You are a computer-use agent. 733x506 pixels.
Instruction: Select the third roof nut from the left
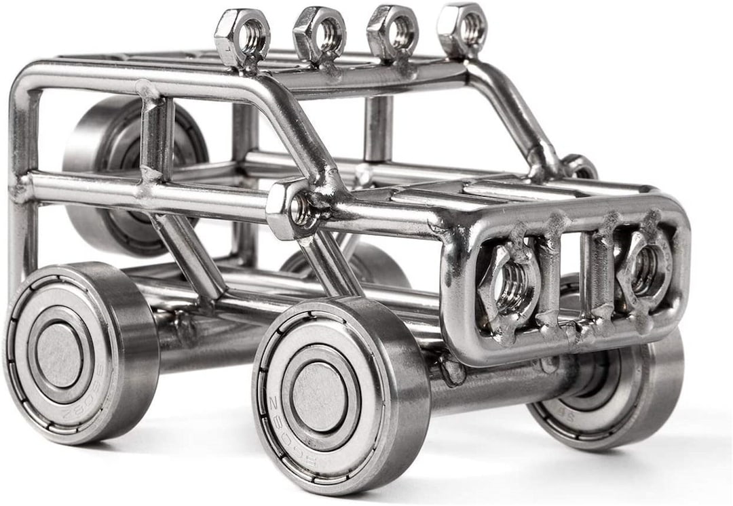pos(392,31)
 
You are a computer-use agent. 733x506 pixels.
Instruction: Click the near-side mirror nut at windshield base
pos(293,209)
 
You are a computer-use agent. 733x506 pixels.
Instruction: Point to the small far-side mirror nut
pos(579,166)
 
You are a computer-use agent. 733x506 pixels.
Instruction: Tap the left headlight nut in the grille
pos(510,286)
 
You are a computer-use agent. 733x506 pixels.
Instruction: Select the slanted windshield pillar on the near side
pos(299,136)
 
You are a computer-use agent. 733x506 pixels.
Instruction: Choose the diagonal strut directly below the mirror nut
pos(329,265)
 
